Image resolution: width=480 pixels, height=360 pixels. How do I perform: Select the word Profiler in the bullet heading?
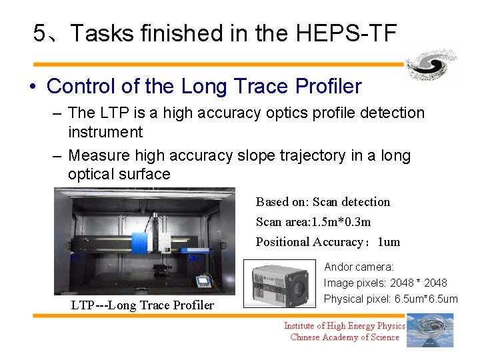point(328,87)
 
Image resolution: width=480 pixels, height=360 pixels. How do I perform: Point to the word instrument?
point(105,132)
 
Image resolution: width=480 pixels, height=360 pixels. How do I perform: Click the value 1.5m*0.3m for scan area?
point(339,222)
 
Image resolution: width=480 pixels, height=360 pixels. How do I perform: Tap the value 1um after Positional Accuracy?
point(389,242)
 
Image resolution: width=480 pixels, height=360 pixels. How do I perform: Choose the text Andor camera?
point(359,267)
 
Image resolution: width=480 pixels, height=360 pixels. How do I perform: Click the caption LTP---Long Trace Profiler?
point(143,305)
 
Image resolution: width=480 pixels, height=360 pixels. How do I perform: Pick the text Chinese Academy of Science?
point(345,337)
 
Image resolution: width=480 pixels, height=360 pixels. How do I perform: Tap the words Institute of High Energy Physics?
point(345,325)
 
